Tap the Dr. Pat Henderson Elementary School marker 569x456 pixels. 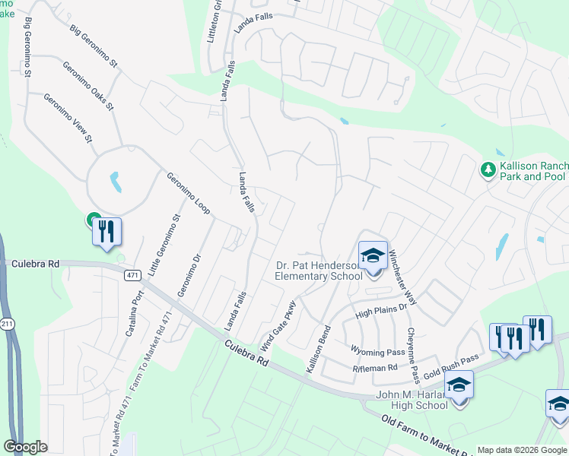pos(373,256)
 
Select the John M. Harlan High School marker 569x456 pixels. pos(458,385)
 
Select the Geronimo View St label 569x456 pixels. pos(67,118)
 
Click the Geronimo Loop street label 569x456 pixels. pos(188,192)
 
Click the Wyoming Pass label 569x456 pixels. pos(377,351)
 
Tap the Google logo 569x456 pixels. pos(26,447)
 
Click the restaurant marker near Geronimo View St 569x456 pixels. pos(106,232)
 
